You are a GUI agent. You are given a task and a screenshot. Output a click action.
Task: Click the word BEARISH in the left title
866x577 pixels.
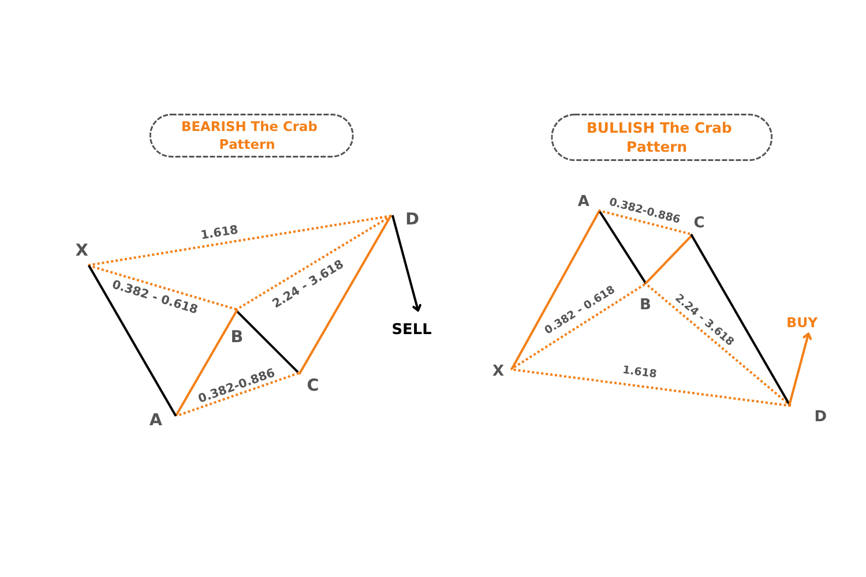(x=214, y=126)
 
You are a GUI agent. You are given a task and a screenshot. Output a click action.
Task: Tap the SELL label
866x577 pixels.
(x=411, y=329)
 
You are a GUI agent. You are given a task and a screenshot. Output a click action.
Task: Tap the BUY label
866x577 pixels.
(x=802, y=323)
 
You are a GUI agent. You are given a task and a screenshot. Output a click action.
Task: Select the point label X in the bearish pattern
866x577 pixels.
(x=81, y=250)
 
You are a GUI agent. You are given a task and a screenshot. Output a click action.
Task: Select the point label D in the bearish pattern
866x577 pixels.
(x=412, y=219)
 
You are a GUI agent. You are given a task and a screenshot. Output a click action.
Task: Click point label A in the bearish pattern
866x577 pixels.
(x=156, y=419)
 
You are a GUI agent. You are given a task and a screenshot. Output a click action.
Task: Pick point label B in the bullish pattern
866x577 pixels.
(x=645, y=305)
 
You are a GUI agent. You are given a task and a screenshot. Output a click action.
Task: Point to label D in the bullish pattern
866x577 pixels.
(x=820, y=416)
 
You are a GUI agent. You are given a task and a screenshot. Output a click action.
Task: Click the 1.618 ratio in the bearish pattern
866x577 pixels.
(x=219, y=232)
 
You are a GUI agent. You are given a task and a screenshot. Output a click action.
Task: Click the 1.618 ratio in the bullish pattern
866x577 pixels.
(x=640, y=372)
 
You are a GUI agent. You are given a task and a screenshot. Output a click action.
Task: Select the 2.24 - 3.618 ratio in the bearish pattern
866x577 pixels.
(x=308, y=284)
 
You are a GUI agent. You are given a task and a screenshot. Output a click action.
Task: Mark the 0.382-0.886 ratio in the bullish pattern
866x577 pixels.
(x=644, y=211)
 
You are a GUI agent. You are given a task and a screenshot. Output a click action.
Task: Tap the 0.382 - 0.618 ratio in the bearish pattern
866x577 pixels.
(x=155, y=297)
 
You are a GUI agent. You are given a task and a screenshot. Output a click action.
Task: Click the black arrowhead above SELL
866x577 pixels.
(x=417, y=308)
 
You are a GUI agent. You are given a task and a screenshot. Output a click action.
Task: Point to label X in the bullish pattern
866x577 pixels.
(x=498, y=370)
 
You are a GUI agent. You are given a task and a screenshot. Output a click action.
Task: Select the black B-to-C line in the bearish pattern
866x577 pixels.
(x=267, y=342)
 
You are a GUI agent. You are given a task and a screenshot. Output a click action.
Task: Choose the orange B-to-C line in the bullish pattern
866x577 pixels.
(x=669, y=259)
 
